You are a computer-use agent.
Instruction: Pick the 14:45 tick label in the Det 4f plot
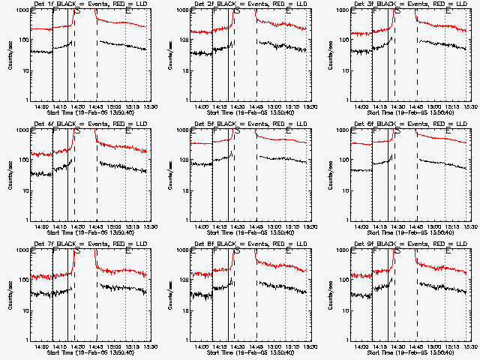[96, 226]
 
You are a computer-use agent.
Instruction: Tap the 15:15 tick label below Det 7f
[133, 346]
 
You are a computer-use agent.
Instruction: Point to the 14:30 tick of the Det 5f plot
[237, 226]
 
